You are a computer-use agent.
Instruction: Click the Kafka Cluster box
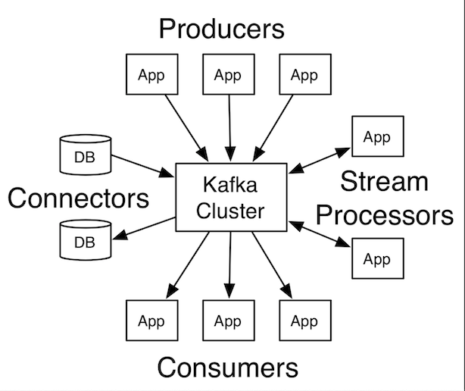[231, 197]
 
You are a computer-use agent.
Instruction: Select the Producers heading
[221, 29]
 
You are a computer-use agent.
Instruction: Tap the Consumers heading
[227, 368]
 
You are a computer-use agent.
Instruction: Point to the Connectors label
[78, 199]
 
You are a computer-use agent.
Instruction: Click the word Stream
[384, 182]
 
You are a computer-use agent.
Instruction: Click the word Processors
[384, 214]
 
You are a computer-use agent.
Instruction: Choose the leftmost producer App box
[150, 75]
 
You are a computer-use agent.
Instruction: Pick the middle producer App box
[227, 75]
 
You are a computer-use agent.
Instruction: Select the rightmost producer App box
[304, 75]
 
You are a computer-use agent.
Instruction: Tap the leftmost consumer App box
[150, 321]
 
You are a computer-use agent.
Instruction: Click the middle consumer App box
[227, 321]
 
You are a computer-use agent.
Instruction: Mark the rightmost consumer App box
[304, 321]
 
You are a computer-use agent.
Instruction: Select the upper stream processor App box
[376, 137]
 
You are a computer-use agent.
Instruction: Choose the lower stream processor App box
[376, 259]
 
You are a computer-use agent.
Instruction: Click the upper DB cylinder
[85, 154]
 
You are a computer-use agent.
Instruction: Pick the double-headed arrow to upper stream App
[318, 158]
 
